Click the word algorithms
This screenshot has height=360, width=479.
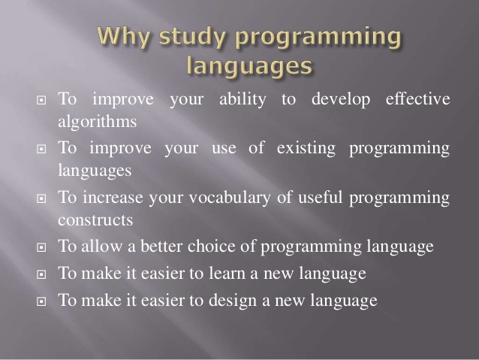click(97, 122)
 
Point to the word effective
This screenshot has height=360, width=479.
click(418, 98)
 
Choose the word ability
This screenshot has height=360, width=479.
click(243, 100)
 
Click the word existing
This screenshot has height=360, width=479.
click(306, 149)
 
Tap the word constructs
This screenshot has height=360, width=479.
click(95, 220)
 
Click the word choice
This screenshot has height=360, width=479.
click(212, 246)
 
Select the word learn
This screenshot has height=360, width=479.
click(227, 273)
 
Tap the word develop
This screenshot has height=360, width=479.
click(341, 100)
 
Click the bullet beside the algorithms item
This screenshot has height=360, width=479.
click(41, 100)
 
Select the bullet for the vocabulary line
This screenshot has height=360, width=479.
click(41, 198)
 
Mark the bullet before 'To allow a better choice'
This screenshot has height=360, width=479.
click(41, 247)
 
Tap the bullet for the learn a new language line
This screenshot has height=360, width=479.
click(41, 274)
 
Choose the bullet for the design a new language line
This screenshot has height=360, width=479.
click(41, 301)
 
